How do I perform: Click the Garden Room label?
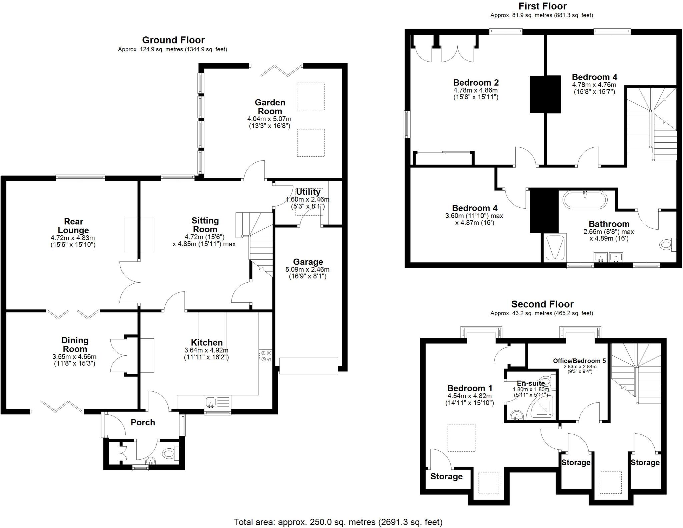pos(270,107)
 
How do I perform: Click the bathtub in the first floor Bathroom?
pos(585,200)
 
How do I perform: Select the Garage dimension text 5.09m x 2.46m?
pos(307,269)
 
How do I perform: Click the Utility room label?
pos(308,192)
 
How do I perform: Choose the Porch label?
pos(143,422)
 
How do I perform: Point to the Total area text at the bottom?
pos(338,522)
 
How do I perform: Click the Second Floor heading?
pos(542,304)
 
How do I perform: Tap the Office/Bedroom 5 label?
pos(579,361)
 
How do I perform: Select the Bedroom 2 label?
pos(476,82)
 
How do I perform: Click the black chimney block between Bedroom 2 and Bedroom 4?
pos(545,94)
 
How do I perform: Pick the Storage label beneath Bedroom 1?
pos(446,476)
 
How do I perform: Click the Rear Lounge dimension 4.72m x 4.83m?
pos(73,238)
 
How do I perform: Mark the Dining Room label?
pos(75,345)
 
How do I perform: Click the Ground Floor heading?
pos(173,40)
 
